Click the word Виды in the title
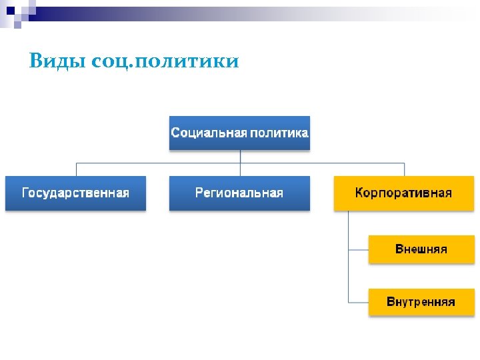pyautogui.click(x=56, y=62)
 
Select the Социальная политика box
pyautogui.click(x=240, y=133)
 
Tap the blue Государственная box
pyautogui.click(x=75, y=193)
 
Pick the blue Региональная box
pyautogui.click(x=239, y=193)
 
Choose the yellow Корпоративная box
pyautogui.click(x=403, y=193)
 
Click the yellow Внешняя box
pyautogui.click(x=421, y=249)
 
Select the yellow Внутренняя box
pyautogui.click(x=421, y=302)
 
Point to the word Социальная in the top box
pyautogui.click(x=209, y=133)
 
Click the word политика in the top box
pyautogui.click(x=279, y=133)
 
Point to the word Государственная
pyautogui.click(x=75, y=193)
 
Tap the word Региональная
pyautogui.click(x=239, y=193)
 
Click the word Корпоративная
pyautogui.click(x=403, y=193)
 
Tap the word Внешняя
pyautogui.click(x=421, y=249)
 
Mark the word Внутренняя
pyautogui.click(x=421, y=302)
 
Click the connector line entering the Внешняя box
pyautogui.click(x=359, y=249)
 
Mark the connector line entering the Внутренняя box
pyautogui.click(x=359, y=302)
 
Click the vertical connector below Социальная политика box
pyautogui.click(x=240, y=156)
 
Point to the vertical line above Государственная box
pyautogui.click(x=76, y=169)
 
